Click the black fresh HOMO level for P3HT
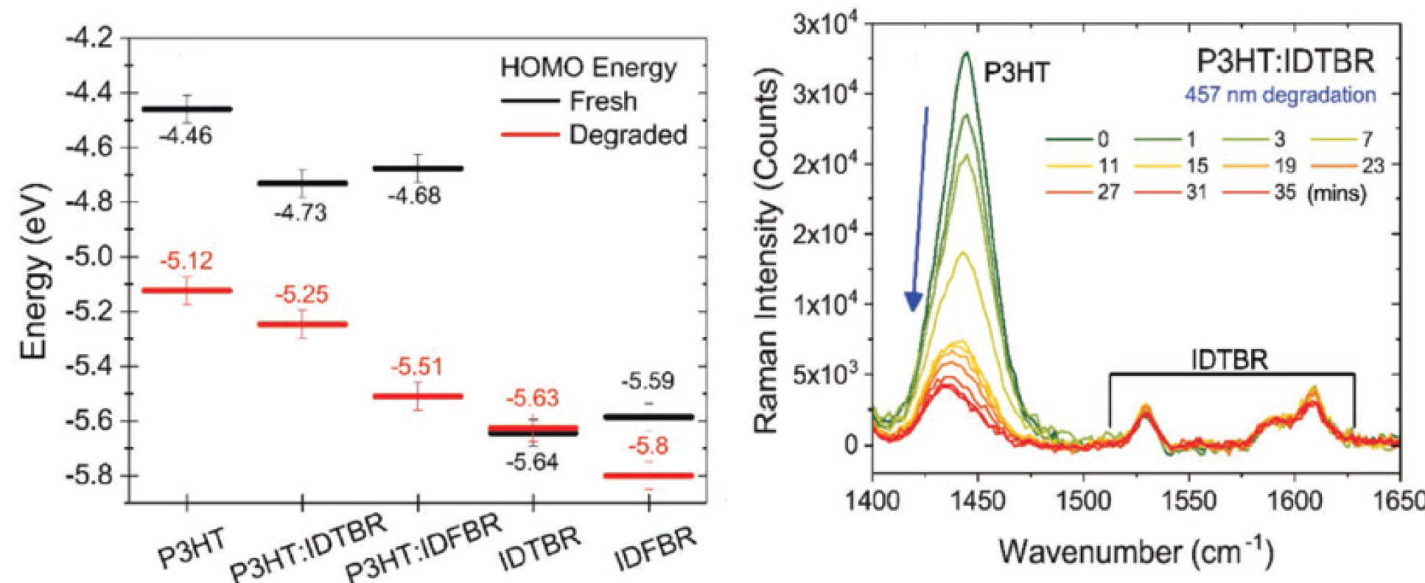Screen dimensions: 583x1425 (187, 109)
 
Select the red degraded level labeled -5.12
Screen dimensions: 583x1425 (187, 290)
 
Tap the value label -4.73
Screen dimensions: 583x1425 (301, 213)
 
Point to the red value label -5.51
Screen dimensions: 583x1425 (418, 367)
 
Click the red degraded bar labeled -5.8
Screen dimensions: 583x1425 (648, 476)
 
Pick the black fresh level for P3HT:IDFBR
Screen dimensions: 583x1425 (418, 169)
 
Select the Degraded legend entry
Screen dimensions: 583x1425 (593, 135)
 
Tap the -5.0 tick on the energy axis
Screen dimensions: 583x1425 (91, 258)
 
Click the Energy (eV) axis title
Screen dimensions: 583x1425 (35, 272)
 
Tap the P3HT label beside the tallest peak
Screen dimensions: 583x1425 (1016, 72)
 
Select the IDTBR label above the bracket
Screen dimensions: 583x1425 (1230, 360)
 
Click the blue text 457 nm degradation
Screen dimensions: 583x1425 (1280, 95)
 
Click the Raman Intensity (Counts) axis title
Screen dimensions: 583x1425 (767, 254)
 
